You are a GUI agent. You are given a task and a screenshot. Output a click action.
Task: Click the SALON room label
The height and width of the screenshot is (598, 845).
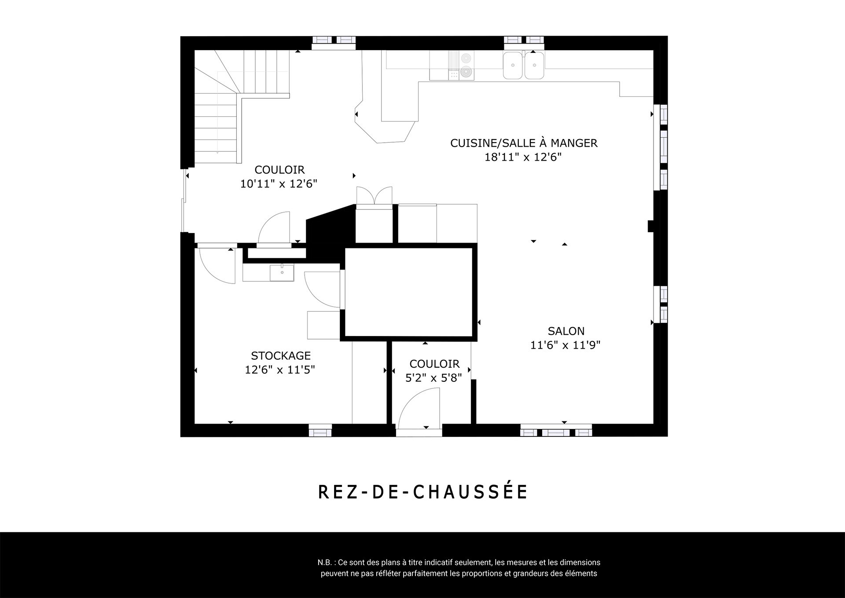click(566, 331)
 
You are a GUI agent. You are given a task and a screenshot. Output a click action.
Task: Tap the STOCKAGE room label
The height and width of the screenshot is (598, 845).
click(281, 355)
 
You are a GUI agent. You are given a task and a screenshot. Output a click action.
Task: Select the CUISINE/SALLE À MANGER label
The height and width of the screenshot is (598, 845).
click(524, 143)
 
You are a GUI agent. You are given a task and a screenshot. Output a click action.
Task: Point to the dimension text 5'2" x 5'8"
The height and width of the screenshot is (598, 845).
click(434, 378)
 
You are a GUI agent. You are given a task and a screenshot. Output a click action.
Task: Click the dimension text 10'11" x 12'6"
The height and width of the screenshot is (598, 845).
click(279, 184)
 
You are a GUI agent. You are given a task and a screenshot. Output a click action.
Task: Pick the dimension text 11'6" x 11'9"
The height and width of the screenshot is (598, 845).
click(566, 345)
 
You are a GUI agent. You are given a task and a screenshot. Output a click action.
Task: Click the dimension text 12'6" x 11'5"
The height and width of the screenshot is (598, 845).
click(280, 369)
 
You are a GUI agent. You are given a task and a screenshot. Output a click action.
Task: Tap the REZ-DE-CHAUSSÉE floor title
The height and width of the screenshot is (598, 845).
click(422, 492)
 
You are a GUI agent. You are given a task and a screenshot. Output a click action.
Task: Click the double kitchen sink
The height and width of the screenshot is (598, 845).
click(524, 65)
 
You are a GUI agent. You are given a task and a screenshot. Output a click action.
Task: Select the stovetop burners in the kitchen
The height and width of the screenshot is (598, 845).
click(461, 66)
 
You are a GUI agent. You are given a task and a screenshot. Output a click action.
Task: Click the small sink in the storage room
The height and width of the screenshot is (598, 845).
click(282, 273)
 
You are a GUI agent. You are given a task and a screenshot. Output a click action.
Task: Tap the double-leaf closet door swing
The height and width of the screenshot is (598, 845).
click(374, 196)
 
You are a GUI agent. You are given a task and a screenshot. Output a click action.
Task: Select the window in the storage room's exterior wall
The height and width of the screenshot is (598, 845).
click(320, 430)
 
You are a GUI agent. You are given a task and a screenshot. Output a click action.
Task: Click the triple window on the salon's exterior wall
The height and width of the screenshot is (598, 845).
click(556, 430)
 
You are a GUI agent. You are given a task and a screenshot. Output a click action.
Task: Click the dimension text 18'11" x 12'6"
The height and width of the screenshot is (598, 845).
click(523, 157)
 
